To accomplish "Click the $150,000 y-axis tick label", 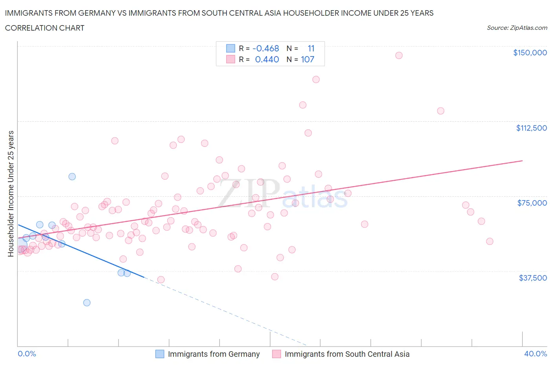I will (530, 53).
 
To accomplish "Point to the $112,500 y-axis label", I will (531, 128).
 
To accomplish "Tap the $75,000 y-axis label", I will (532, 203).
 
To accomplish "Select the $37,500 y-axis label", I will (532, 278).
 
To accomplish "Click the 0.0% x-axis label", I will (27, 354).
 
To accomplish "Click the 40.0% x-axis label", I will (536, 354).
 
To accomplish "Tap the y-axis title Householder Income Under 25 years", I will (11, 193).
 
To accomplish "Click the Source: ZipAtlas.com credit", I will (517, 28).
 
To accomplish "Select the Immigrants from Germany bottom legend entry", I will (208, 354).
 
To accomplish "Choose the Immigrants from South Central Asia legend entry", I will (341, 354).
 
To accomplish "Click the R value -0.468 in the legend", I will (266, 48).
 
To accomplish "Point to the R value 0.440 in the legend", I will (267, 59).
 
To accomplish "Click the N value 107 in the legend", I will (307, 59).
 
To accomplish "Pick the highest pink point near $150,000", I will (399, 55).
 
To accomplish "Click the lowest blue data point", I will (87, 303).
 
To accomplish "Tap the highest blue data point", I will (72, 177).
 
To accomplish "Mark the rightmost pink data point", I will (490, 241).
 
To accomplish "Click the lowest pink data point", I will (161, 280).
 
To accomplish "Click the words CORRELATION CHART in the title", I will (45, 28).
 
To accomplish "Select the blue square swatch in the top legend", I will (230, 48).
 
